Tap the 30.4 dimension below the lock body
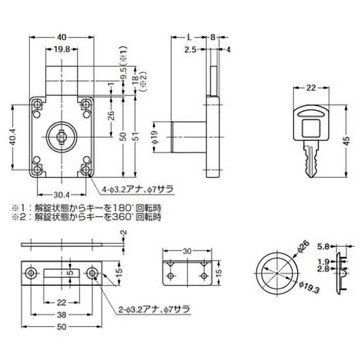(x=61, y=194)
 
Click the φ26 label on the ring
(x=304, y=246)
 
